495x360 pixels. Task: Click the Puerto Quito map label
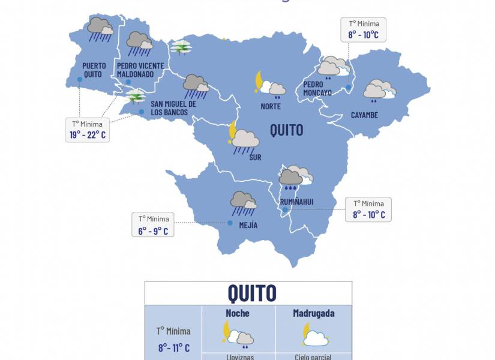94,70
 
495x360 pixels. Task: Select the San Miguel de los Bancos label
169,108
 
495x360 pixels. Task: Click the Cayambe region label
364,115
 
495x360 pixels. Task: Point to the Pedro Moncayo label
317,88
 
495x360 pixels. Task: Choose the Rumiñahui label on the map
296,202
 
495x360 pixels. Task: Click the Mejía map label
248,225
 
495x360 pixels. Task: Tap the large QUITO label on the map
286,130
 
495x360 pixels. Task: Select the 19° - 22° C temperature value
88,134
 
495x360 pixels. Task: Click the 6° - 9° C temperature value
153,230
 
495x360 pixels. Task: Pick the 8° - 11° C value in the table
174,347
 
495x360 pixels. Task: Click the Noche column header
238,313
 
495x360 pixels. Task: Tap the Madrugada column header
313,313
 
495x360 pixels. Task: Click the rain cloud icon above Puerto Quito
100,29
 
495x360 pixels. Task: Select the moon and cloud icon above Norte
269,85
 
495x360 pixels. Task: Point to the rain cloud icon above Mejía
243,203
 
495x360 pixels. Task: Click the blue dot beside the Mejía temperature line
230,223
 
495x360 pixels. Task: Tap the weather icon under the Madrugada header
314,335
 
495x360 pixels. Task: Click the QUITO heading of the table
252,293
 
